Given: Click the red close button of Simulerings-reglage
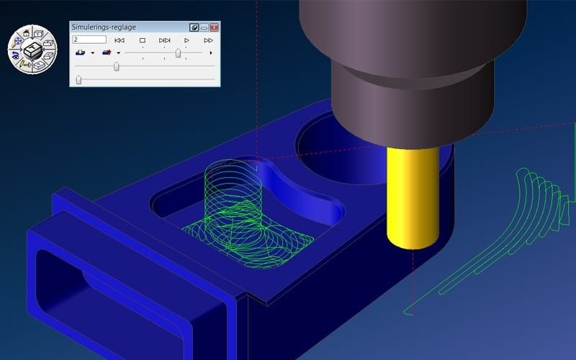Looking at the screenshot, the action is click(214, 27).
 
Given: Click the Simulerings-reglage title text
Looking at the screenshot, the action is click(104, 27).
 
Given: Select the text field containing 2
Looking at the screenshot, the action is click(89, 40).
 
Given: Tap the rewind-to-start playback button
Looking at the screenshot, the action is click(120, 40).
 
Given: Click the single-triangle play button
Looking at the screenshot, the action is click(186, 40).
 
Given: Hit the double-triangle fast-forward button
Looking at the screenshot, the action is click(208, 40).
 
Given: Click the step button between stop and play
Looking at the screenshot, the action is click(164, 40).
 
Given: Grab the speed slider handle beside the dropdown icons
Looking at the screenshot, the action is click(178, 53).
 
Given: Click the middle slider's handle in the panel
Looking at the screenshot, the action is click(117, 66).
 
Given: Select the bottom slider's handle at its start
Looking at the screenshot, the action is click(78, 80).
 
